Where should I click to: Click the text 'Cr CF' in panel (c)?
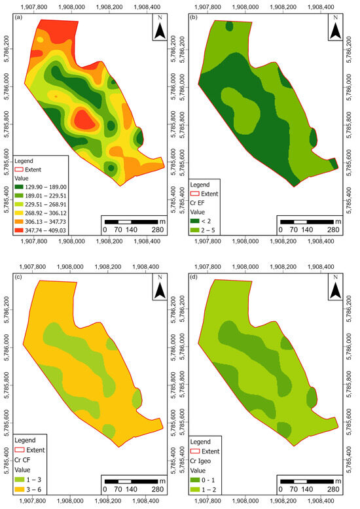tap(26, 461)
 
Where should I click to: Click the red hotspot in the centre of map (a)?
tap(83, 119)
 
